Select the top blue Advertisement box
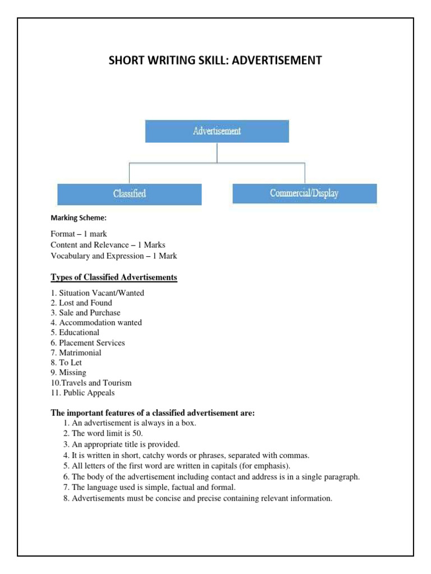(x=217, y=131)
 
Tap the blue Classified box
(x=130, y=193)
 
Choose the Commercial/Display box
(x=304, y=193)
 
